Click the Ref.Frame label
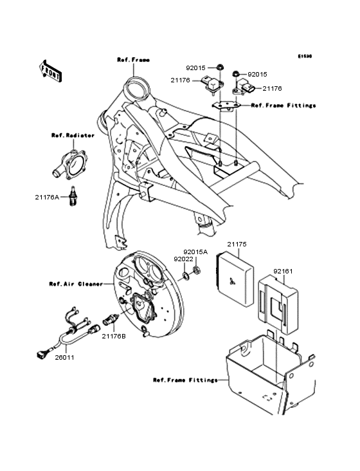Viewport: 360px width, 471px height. click(133, 60)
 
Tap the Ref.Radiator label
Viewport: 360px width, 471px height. click(73, 136)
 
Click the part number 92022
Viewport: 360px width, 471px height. click(180, 259)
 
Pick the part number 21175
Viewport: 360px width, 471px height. click(237, 245)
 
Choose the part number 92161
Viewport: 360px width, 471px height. click(283, 272)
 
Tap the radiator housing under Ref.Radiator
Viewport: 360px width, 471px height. click(72, 163)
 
